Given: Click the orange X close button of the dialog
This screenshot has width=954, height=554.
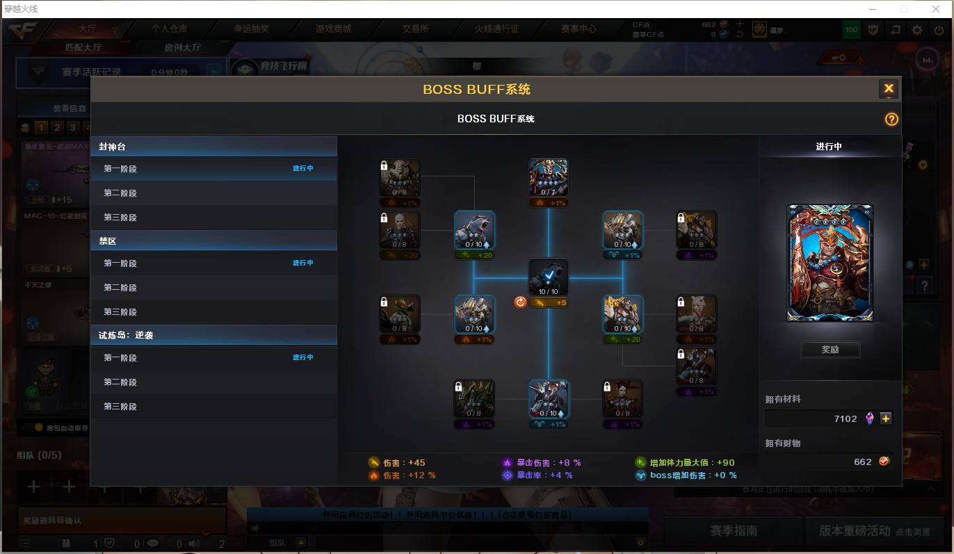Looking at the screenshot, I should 888,89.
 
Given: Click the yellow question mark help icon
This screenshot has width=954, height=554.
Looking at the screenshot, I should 891,120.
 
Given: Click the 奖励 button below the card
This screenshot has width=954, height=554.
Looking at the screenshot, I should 830,350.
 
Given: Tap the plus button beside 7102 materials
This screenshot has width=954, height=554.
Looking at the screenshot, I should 885,418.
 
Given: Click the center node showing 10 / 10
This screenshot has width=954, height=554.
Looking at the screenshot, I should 548,277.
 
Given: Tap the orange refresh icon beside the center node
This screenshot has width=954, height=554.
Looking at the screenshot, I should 520,302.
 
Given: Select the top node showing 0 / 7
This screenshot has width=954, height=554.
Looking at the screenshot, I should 548,178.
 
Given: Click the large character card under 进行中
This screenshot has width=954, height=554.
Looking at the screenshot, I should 830,263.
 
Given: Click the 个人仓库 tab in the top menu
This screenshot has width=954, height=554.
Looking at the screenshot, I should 170,29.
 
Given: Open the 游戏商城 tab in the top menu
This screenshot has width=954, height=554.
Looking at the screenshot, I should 333,29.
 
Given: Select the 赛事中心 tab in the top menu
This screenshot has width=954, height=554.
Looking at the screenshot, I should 579,29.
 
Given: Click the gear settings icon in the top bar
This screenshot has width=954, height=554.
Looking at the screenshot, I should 917,30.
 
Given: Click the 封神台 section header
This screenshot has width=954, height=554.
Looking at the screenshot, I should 213,147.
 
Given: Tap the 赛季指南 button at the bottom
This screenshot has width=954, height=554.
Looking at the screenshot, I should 733,531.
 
